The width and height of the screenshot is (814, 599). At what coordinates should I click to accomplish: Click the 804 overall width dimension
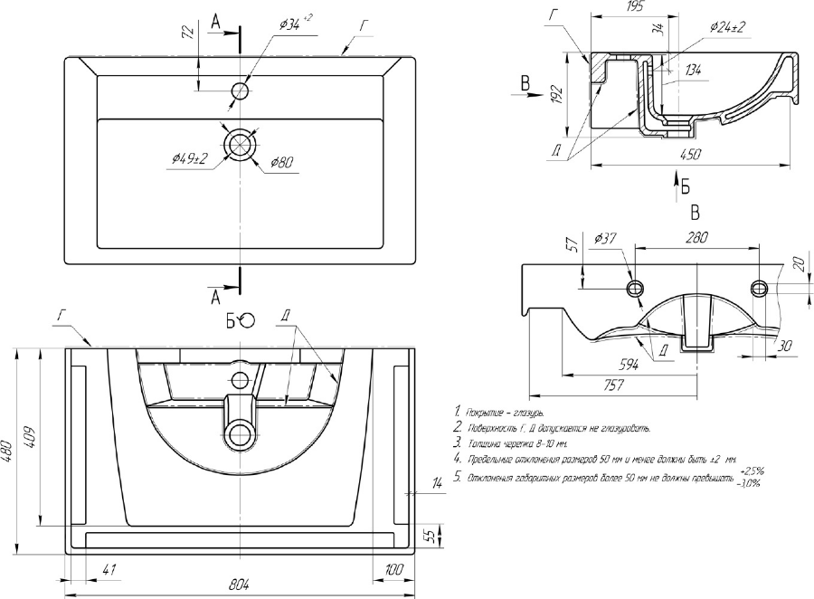pos(239,583)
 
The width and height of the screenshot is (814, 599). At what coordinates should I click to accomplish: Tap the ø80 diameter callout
pos(280,162)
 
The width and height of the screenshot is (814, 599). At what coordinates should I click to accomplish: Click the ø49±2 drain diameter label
pos(188,158)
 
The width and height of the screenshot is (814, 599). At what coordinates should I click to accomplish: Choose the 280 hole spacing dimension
pos(696,237)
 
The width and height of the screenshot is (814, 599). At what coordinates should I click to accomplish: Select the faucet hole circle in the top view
pos(241,90)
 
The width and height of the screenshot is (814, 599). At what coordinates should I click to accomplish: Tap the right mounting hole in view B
pos(760,287)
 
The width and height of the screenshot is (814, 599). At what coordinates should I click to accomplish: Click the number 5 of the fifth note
pos(459,477)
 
